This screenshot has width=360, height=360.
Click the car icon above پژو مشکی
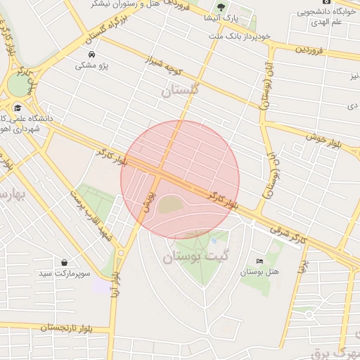click(92, 54)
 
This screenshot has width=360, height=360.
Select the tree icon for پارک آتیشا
click(221, 8)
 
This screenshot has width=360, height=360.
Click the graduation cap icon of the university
click(18, 108)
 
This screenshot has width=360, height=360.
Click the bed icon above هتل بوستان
click(260, 261)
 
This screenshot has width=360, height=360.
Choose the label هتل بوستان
click(259, 271)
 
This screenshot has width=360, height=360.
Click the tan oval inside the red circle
click(169, 205)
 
